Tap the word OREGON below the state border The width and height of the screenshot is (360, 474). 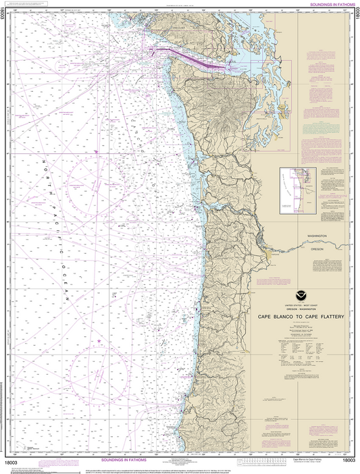(x=317, y=248)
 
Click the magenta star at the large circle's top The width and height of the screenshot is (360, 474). (x=99, y=341)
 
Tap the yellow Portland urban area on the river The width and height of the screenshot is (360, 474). (x=273, y=255)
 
